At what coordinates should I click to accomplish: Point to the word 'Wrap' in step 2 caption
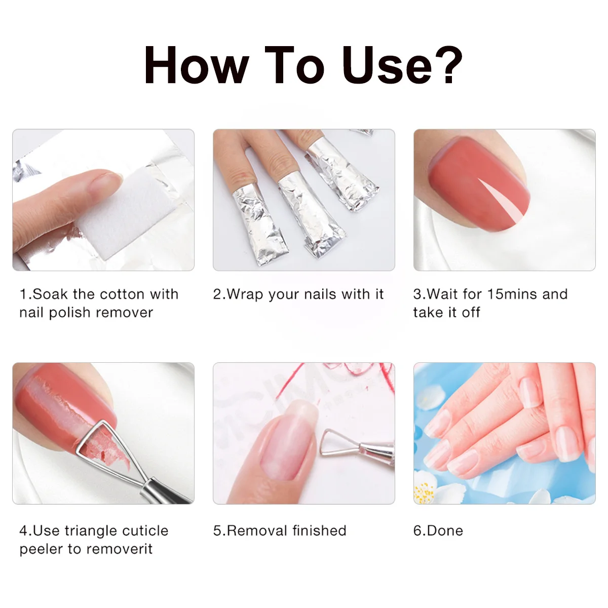[245, 294]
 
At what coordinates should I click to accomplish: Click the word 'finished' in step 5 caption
[319, 531]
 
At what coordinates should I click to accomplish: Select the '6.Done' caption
[438, 531]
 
